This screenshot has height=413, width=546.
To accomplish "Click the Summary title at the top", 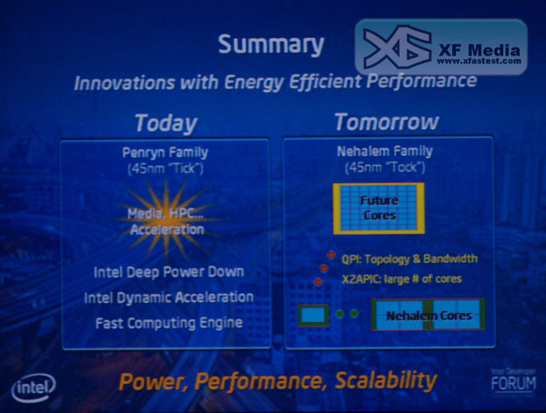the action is point(271,45).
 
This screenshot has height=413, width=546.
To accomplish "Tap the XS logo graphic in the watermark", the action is point(398,47).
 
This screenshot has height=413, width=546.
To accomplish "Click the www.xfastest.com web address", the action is point(479,61).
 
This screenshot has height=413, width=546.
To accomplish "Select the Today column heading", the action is point(167,124).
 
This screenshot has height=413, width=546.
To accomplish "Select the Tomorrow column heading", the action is point(387,122).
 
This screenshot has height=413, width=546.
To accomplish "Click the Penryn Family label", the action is point(165,153).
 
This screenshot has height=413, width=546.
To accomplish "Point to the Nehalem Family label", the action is point(385,151).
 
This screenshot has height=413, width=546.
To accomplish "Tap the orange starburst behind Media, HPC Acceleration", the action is point(167,220).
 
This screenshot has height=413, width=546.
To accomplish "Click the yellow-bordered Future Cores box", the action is point(379,208).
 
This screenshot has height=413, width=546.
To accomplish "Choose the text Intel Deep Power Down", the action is point(169,272).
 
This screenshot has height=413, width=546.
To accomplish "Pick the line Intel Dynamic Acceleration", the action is point(169,297).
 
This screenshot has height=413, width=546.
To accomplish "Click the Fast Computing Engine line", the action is point(169,323).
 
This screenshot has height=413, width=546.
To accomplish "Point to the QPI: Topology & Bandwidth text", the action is point(409,258).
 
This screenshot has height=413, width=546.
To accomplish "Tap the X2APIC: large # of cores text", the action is point(402,279).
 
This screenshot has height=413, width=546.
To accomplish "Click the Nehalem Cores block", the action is point(429,315).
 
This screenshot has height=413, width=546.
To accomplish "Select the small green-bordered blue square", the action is point(313,315).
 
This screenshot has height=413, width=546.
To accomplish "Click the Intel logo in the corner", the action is point(34,388).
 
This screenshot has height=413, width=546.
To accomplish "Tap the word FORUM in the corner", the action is point(513,384).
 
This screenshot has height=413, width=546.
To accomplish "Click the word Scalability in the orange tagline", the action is point(386,380).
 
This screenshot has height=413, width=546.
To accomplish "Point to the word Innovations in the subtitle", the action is point(125,83).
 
